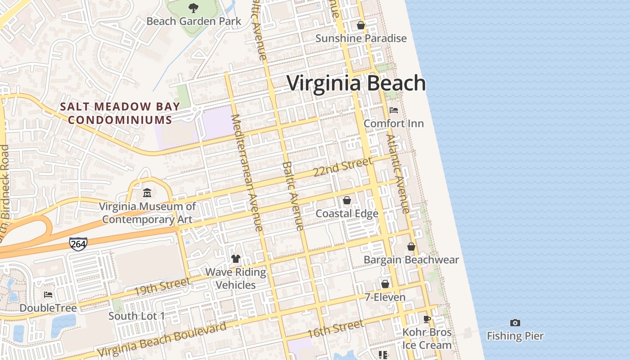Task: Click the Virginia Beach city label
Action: pyautogui.click(x=356, y=84)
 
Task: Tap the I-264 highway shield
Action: pyautogui.click(x=78, y=243)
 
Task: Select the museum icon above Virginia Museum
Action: pyautogui.click(x=147, y=193)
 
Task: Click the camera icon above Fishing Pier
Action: pyautogui.click(x=515, y=323)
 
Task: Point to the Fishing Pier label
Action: pyautogui.click(x=515, y=336)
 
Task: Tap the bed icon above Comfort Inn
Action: pyautogui.click(x=394, y=110)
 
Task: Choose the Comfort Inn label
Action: pyautogui.click(x=394, y=123)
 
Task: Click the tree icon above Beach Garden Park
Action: pyautogui.click(x=193, y=8)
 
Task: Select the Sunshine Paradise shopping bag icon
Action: pyautogui.click(x=361, y=25)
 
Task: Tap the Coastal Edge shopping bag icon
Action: pyautogui.click(x=347, y=200)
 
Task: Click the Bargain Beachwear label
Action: pyautogui.click(x=411, y=260)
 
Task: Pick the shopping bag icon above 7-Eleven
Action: pyautogui.click(x=385, y=284)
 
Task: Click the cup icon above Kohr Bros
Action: pyautogui.click(x=427, y=319)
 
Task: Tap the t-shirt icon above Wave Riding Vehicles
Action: pyautogui.click(x=236, y=259)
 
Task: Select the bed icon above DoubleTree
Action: pyautogui.click(x=48, y=295)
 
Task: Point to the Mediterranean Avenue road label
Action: pyautogui.click(x=247, y=173)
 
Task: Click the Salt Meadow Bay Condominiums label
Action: pyautogui.click(x=120, y=113)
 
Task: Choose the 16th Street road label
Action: pyautogui.click(x=335, y=329)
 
